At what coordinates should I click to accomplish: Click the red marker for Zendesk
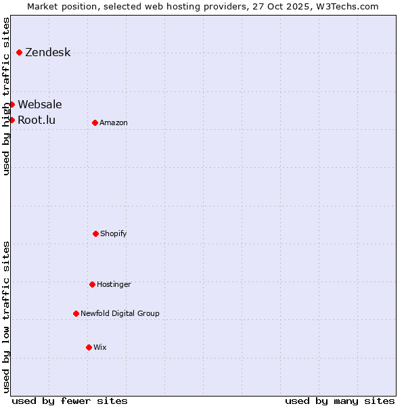pos(19,52)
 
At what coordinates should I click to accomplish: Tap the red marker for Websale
pos(12,104)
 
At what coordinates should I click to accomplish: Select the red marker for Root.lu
pos(12,120)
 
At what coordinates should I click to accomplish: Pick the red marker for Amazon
pos(95,122)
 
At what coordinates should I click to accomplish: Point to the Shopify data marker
pos(95,233)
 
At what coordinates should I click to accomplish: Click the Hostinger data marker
pos(92,284)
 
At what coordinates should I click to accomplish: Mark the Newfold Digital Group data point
pos(76,313)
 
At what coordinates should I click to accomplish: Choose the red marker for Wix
pos(89,347)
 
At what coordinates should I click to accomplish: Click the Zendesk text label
pos(47,52)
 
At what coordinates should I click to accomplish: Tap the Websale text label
pos(39,104)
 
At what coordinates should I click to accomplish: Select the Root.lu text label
pos(37,120)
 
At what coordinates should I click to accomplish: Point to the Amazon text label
pos(114,122)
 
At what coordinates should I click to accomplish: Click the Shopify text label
pos(114,233)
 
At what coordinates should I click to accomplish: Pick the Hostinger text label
pos(114,284)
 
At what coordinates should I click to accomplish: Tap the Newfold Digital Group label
pos(120,313)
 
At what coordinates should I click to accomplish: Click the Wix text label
pos(100,347)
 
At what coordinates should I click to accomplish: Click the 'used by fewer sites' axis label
pos(70,401)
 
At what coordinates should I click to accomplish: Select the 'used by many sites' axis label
pos(340,401)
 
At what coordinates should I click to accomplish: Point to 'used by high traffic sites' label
pos(6,96)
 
